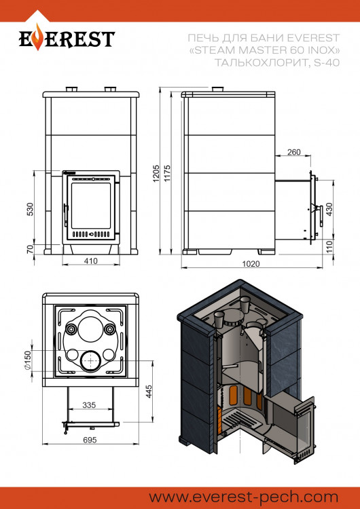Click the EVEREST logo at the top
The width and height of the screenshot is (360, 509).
coord(66,39)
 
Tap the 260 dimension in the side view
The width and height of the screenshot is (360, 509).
coord(293,152)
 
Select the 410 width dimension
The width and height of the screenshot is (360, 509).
coord(90,261)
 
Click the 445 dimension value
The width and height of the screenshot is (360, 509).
coord(147,392)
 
